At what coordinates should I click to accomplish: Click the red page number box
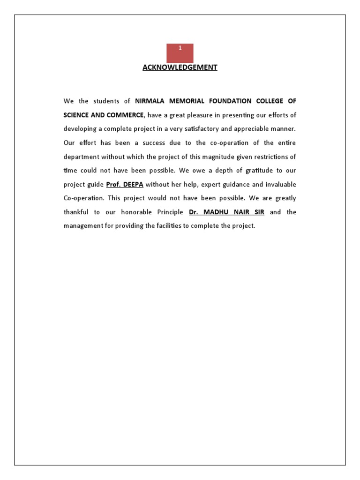coord(180,53)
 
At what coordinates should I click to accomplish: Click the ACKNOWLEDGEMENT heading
coord(180,67)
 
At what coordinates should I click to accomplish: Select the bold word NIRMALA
coord(149,101)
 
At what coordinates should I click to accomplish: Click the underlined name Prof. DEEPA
coord(125,184)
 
